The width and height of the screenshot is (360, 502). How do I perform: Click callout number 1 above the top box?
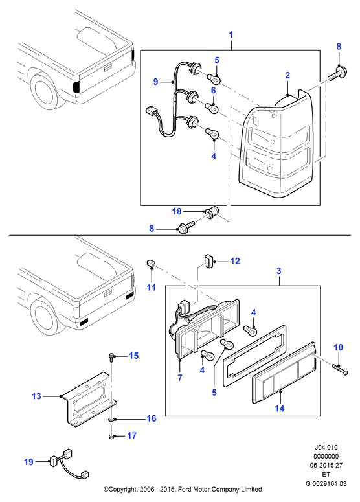[231, 35]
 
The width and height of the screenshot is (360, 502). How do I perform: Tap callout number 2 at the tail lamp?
[287, 76]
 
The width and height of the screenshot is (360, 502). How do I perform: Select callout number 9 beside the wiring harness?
[156, 82]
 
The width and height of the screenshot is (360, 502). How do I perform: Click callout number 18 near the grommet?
[177, 211]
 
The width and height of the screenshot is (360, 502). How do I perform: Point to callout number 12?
[235, 261]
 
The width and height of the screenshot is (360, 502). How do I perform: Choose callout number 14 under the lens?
[279, 408]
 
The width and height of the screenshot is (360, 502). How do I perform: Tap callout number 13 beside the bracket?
[36, 396]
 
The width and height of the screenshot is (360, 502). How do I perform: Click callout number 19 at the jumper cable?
[28, 462]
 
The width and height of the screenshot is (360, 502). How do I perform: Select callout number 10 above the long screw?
[338, 347]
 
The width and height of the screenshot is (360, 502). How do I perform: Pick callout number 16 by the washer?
[151, 418]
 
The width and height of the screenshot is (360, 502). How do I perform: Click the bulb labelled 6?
[212, 108]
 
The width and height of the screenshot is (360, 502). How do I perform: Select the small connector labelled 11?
[151, 264]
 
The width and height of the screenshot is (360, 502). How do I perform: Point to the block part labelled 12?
[208, 261]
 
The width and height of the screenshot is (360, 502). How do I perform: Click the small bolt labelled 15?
[111, 358]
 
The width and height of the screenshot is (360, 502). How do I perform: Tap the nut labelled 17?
[111, 436]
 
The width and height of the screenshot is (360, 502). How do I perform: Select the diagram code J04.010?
[326, 447]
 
